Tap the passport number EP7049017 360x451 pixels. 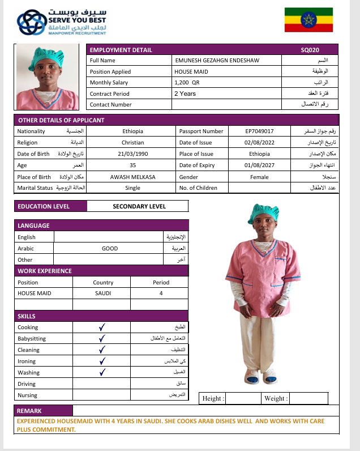[x=260, y=131]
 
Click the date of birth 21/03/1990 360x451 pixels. [x=132, y=154]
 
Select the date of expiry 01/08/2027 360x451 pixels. [x=259, y=165]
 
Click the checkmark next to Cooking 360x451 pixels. [x=102, y=327]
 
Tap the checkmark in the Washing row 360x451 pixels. [x=102, y=372]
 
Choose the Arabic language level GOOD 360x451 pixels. [x=110, y=248]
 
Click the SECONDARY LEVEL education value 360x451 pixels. [x=139, y=207]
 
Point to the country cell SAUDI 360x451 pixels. [x=103, y=293]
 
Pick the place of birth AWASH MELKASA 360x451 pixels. [x=132, y=176]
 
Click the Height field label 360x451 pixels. [x=213, y=398]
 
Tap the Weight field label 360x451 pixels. [x=276, y=398]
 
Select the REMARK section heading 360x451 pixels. [x=29, y=411]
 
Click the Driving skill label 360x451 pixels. [x=27, y=384]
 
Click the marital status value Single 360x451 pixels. [x=132, y=188]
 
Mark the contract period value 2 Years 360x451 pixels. [x=185, y=93]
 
